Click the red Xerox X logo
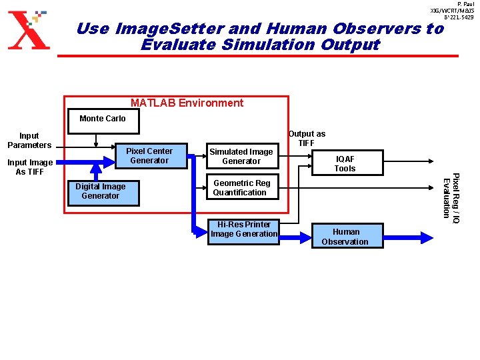[x=28, y=31]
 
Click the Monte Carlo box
[x=102, y=120]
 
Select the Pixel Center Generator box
[x=149, y=156]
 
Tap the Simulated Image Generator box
[x=241, y=157]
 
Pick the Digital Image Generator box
[x=100, y=192]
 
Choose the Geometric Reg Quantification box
[x=241, y=188]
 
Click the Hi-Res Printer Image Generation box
[x=243, y=230]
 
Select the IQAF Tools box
[x=345, y=163]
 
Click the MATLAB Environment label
[x=187, y=103]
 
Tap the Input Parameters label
[x=29, y=141]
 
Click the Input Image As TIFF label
[x=29, y=167]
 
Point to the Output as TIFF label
[x=307, y=139]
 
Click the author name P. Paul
[x=465, y=4]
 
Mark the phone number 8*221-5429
[x=459, y=17]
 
